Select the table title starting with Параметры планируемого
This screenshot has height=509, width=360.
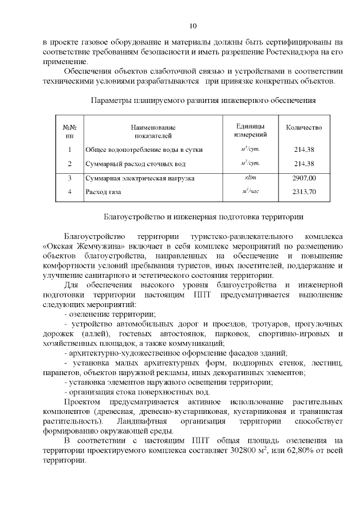tap(202, 101)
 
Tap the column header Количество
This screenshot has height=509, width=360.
tap(304, 128)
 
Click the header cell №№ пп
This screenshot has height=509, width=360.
tap(70, 132)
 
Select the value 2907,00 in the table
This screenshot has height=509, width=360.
tap(304, 178)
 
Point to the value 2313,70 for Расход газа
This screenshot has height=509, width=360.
tap(304, 192)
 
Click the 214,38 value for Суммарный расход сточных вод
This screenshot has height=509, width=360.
tap(304, 164)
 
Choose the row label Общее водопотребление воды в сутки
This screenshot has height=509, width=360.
tap(143, 150)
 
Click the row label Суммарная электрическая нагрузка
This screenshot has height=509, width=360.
tap(139, 178)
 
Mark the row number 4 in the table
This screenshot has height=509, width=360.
tap(70, 192)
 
